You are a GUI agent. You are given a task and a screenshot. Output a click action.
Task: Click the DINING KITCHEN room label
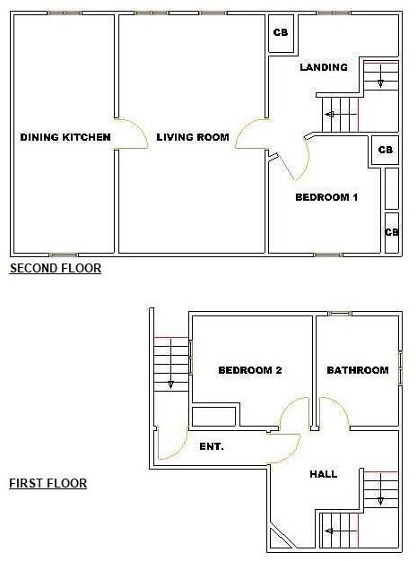65,137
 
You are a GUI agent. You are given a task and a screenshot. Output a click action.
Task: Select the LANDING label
323,67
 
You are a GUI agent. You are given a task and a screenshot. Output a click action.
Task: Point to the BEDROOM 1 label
326,197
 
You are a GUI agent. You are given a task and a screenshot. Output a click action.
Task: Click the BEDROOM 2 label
250,370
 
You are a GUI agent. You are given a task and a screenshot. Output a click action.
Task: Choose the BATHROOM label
357,370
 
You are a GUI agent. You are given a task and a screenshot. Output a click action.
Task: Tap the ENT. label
212,445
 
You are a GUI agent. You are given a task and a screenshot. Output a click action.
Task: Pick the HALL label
323,473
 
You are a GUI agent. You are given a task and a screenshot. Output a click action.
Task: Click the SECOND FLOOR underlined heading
55,268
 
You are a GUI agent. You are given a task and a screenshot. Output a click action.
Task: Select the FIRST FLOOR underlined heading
48,483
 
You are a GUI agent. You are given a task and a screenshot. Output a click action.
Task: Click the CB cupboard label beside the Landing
281,32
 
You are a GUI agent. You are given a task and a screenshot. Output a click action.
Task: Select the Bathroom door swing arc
335,414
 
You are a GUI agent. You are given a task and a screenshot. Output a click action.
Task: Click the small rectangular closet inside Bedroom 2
214,415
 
